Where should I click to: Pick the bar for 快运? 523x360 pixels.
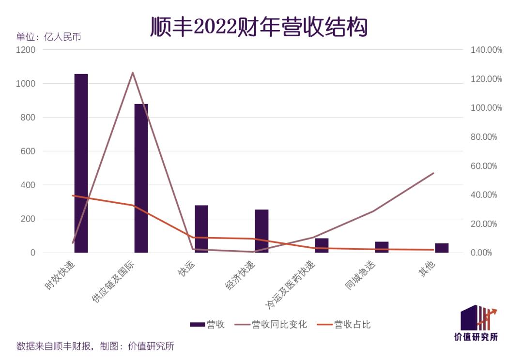click(201, 229)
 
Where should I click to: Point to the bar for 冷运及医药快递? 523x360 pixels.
click(322, 245)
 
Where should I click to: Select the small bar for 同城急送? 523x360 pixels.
click(382, 247)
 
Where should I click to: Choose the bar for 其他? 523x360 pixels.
click(442, 248)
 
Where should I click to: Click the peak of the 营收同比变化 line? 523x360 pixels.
click(133, 73)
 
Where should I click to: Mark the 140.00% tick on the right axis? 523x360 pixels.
click(486, 50)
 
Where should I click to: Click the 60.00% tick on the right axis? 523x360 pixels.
click(484, 166)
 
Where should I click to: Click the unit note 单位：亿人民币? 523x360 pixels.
click(48, 37)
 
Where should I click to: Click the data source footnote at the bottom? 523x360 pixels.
click(95, 346)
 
